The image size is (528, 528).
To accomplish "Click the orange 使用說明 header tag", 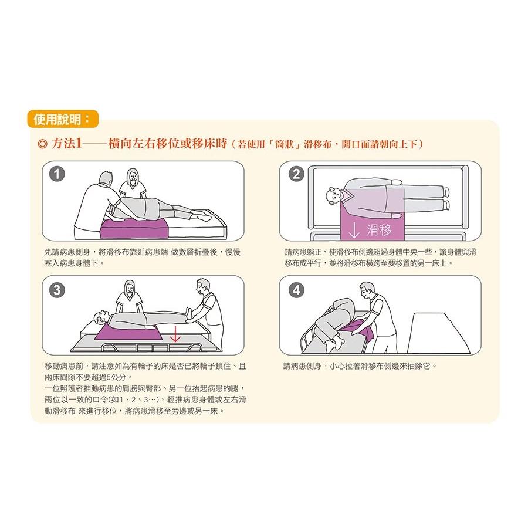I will click(x=62, y=120).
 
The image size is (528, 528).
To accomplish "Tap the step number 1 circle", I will click(x=57, y=174).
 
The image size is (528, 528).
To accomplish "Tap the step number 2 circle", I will click(x=297, y=174).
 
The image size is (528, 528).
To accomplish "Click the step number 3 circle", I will click(x=57, y=289).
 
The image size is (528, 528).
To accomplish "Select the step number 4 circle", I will click(x=297, y=289).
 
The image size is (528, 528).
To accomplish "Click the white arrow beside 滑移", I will click(x=354, y=229).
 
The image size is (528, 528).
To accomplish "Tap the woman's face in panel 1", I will click(x=133, y=175).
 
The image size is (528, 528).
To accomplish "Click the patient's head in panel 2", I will click(x=333, y=194).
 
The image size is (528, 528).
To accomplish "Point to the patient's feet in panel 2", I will click(x=446, y=198).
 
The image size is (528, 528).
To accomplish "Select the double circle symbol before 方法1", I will click(x=42, y=144).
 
